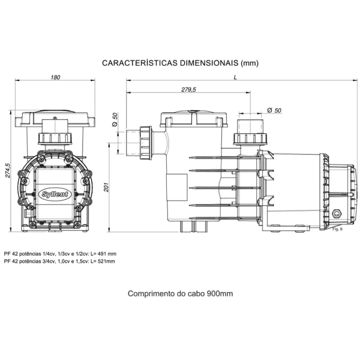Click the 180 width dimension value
(56, 77)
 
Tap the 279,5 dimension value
(189, 90)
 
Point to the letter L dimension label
(235, 77)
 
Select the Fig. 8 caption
(337, 229)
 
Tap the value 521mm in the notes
(107, 261)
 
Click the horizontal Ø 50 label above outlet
(275, 110)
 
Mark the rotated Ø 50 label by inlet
(115, 121)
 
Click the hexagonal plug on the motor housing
(337, 213)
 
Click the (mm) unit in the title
(250, 63)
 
